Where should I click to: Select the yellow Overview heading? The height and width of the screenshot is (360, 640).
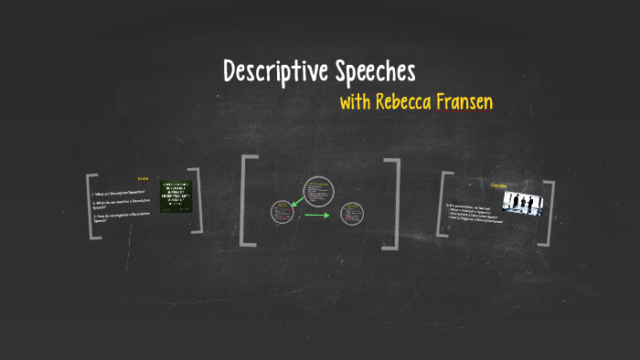[499, 185]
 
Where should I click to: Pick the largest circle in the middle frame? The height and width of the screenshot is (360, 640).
[319, 191]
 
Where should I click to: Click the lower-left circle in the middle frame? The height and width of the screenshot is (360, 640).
[281, 212]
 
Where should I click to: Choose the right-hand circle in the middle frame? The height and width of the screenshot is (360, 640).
[350, 215]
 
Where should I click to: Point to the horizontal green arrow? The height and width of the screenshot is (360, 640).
[316, 216]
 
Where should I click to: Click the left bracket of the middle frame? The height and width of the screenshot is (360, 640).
[246, 201]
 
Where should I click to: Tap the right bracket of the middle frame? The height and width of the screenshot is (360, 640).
[394, 203]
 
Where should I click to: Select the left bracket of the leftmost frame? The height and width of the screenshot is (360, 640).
[91, 206]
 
